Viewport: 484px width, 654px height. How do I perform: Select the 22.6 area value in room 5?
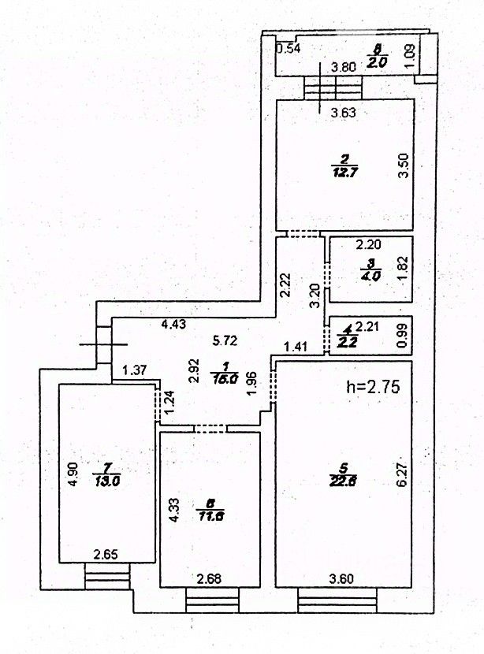[x=343, y=484]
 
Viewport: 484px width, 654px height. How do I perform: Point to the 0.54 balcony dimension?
[x=288, y=49]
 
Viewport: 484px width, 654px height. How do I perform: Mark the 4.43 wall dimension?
[x=174, y=323]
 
